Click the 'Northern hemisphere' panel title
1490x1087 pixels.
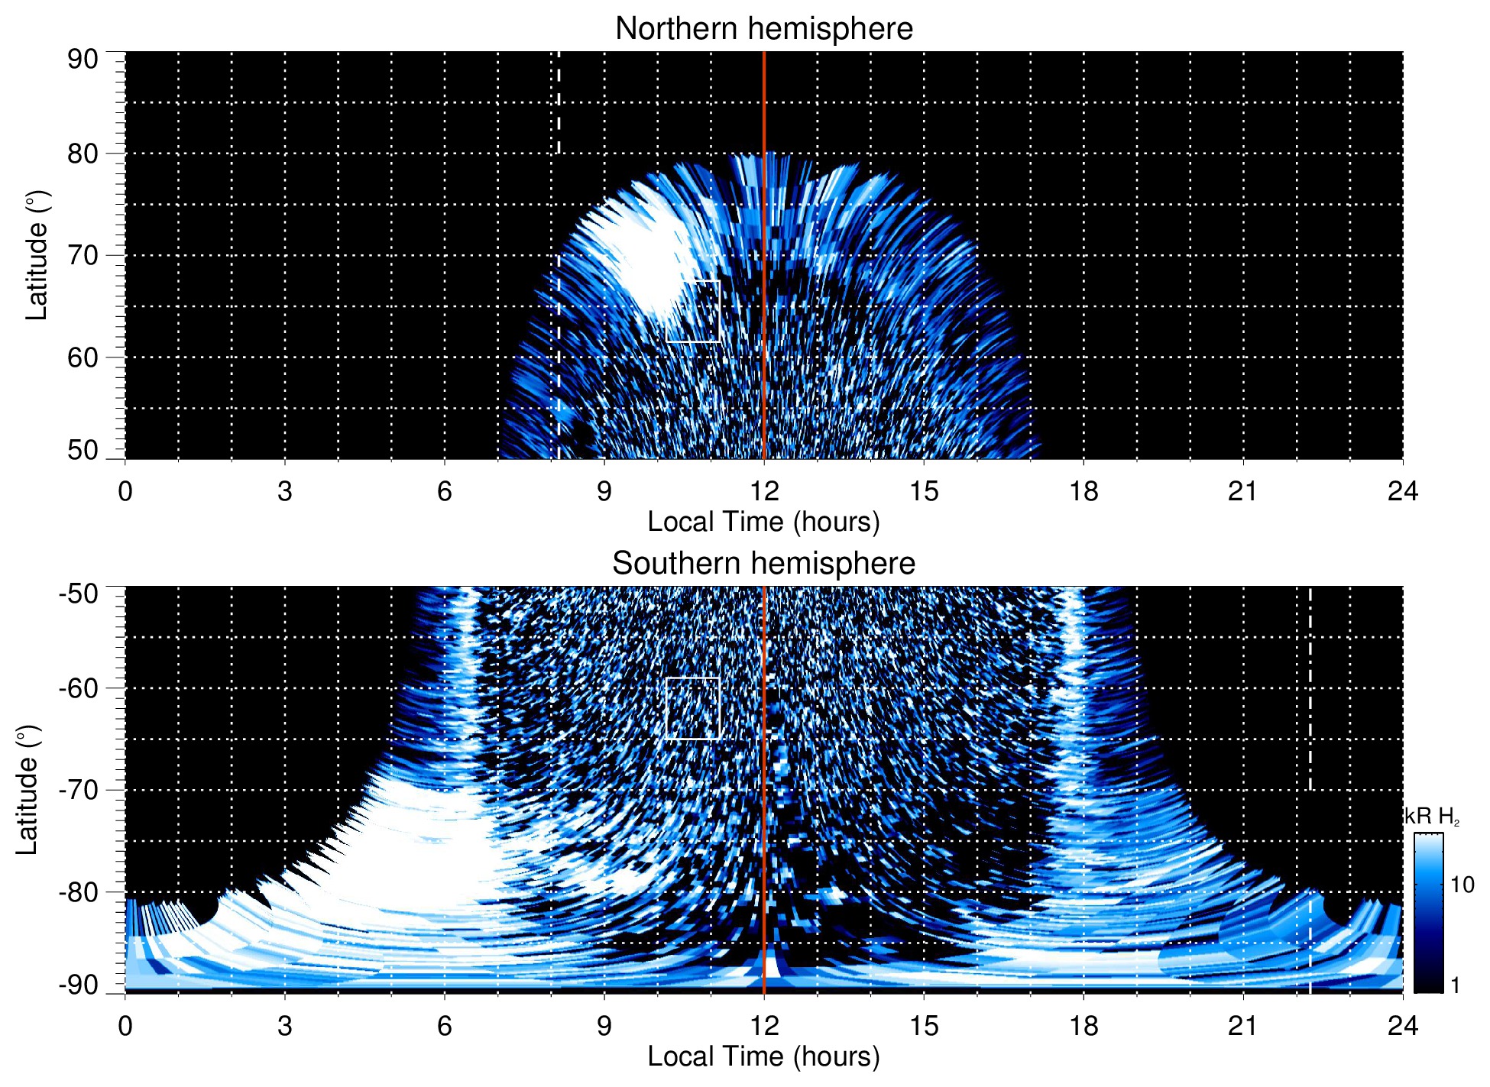(763, 29)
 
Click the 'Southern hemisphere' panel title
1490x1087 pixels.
(763, 564)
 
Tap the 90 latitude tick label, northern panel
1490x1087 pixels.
(83, 60)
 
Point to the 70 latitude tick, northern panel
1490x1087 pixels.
(83, 255)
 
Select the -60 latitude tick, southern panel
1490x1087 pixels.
(79, 688)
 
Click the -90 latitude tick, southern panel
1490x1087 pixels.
(79, 985)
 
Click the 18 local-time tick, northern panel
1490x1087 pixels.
(1083, 491)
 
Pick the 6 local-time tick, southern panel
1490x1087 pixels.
(444, 1026)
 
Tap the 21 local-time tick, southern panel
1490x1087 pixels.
(1243, 1026)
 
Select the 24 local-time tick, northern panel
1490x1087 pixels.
(1402, 491)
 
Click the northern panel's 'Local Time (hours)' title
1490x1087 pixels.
(763, 522)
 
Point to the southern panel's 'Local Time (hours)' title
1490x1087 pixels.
(763, 1057)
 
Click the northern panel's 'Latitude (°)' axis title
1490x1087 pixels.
(37, 255)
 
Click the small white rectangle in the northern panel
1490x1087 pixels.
(693, 311)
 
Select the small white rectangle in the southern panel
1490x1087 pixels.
(693, 708)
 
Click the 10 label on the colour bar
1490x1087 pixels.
(1462, 885)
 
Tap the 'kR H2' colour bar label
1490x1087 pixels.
(1433, 817)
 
